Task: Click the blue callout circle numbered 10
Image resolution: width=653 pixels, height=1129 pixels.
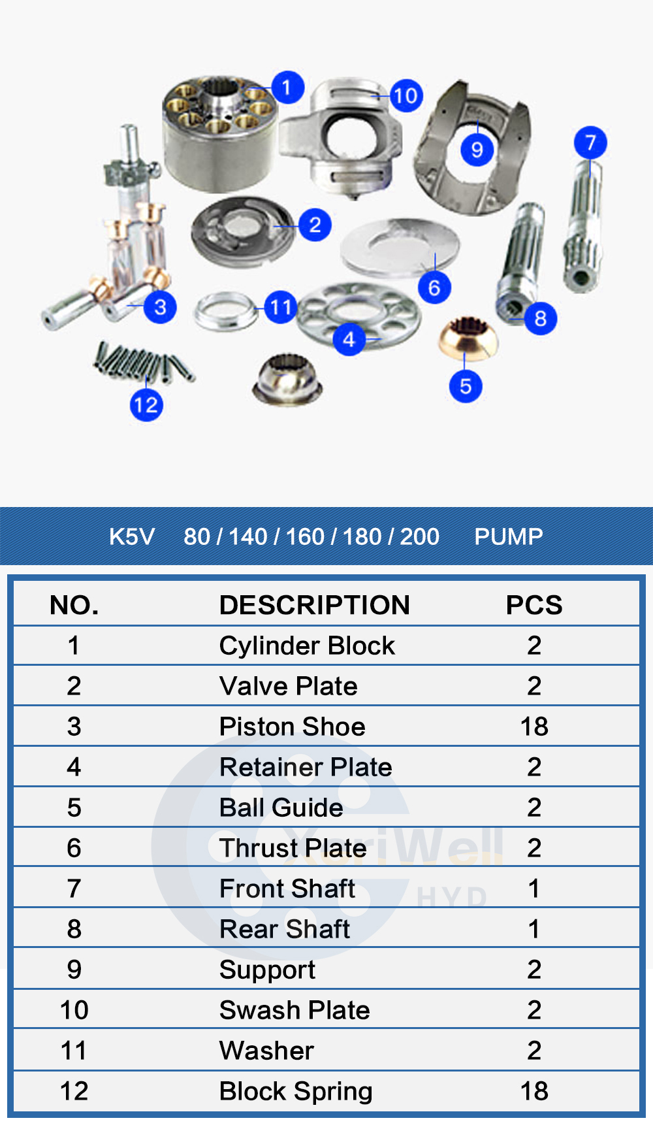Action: coord(406,96)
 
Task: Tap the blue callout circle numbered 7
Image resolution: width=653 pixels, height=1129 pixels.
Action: coord(590,142)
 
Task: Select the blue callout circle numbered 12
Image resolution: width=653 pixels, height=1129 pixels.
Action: coord(146,404)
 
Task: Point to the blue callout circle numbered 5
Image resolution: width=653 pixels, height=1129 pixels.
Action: coord(466,385)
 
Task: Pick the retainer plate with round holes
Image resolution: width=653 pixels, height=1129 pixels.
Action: coord(359,314)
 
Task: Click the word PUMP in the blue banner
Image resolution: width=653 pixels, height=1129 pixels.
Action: coord(508,536)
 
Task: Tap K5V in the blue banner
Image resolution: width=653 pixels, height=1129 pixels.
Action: coord(131,536)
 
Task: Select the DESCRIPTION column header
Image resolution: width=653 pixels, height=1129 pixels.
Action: coord(314,605)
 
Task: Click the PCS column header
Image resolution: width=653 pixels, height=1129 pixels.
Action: coord(534,605)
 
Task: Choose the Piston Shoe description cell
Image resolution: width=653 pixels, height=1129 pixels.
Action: coord(292,727)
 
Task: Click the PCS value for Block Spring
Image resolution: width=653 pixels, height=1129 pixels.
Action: coord(534,1091)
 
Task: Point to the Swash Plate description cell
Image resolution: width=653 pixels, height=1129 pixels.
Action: coord(295,1010)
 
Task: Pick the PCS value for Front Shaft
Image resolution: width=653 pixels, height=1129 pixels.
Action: coord(534,889)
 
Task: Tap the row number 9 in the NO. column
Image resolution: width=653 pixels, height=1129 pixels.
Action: coord(74,970)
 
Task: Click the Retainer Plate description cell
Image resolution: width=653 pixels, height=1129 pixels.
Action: coord(306,767)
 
